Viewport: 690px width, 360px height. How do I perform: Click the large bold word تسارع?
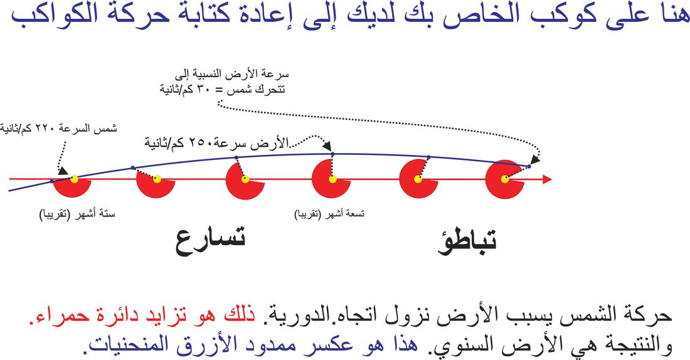[x=210, y=241]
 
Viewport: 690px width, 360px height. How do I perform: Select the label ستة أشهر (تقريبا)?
[x=77, y=214]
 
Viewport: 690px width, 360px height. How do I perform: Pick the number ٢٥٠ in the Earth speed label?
[x=199, y=143]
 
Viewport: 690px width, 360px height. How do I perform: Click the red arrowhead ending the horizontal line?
[x=547, y=179]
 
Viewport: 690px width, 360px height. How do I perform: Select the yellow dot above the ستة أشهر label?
[x=75, y=179]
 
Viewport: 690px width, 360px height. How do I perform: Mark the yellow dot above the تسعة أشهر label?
[x=332, y=179]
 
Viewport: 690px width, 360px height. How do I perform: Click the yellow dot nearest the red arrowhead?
[x=505, y=179]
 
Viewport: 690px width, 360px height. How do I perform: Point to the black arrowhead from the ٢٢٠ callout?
[x=63, y=171]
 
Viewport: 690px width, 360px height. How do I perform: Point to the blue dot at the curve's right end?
[x=529, y=166]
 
